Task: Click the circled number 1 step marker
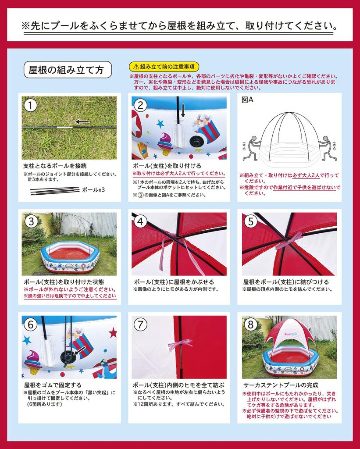30,105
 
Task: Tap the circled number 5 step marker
250,221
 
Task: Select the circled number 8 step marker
250,324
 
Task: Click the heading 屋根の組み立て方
67,69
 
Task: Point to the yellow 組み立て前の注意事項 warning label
164,67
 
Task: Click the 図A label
248,100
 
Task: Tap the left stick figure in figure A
252,147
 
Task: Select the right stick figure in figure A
324,147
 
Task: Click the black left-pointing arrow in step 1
82,121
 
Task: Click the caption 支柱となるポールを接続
55,166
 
